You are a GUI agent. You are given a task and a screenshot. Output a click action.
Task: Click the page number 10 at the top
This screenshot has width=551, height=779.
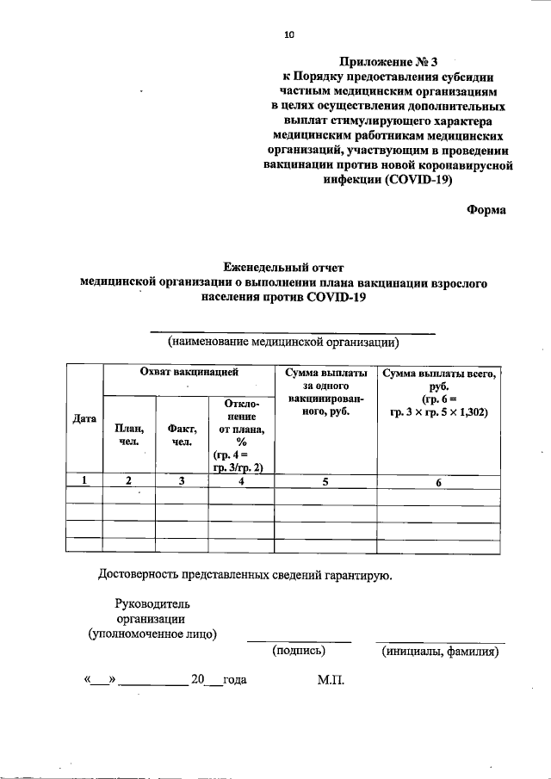(289, 35)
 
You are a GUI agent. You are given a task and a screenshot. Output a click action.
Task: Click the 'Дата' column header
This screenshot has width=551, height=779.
(84, 418)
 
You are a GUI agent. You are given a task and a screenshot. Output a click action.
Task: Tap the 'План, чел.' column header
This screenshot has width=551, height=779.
(128, 436)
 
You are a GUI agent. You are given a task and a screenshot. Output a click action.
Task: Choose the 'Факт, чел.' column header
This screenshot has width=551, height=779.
(182, 436)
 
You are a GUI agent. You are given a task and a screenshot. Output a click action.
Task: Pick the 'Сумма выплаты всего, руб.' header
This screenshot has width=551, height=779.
(439, 380)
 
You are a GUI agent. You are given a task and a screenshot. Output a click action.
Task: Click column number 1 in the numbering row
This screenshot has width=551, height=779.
(84, 482)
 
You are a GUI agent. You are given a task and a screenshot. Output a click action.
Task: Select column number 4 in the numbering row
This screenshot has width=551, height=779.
(241, 482)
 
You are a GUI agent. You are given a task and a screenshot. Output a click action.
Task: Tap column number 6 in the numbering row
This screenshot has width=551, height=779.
(437, 483)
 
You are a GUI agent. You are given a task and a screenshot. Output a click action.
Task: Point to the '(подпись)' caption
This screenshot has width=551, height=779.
(299, 652)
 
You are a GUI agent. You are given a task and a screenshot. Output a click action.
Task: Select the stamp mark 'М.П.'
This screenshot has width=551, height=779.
(331, 680)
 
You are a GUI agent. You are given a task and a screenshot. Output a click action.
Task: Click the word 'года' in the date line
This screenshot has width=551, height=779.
(234, 680)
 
